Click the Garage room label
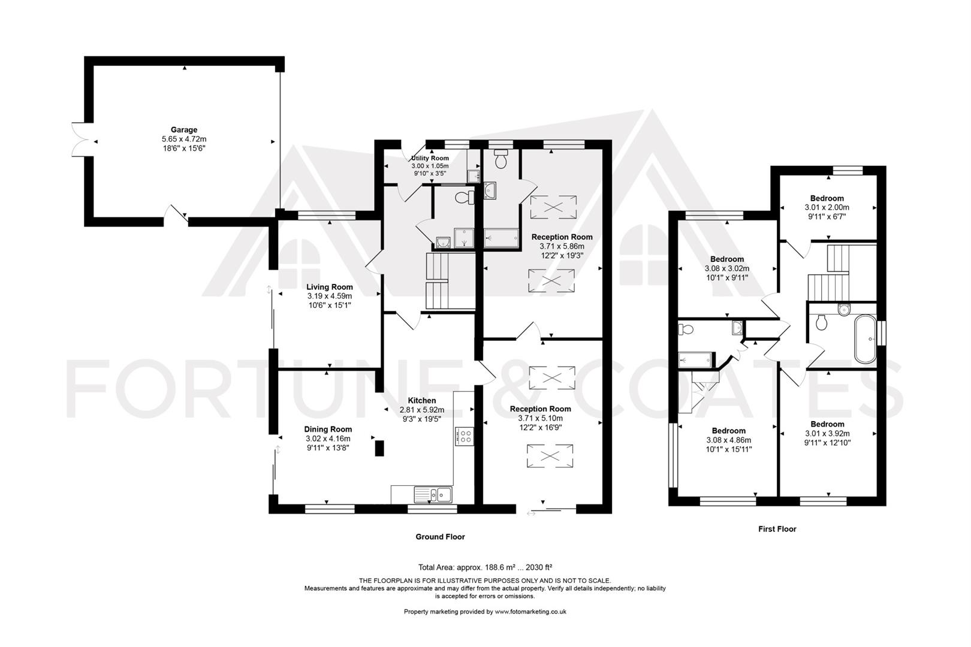[184, 130]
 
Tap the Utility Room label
[430, 158]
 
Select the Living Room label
[329, 288]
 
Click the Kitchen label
[422, 401]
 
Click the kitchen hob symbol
[465, 436]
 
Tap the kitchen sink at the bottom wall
[432, 495]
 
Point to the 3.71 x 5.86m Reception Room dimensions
[562, 246]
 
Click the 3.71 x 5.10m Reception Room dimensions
[540, 418]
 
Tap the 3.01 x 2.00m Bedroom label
[827, 207]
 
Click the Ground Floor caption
[440, 537]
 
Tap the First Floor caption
[777, 529]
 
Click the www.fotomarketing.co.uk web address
[530, 612]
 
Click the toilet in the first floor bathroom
[822, 322]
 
